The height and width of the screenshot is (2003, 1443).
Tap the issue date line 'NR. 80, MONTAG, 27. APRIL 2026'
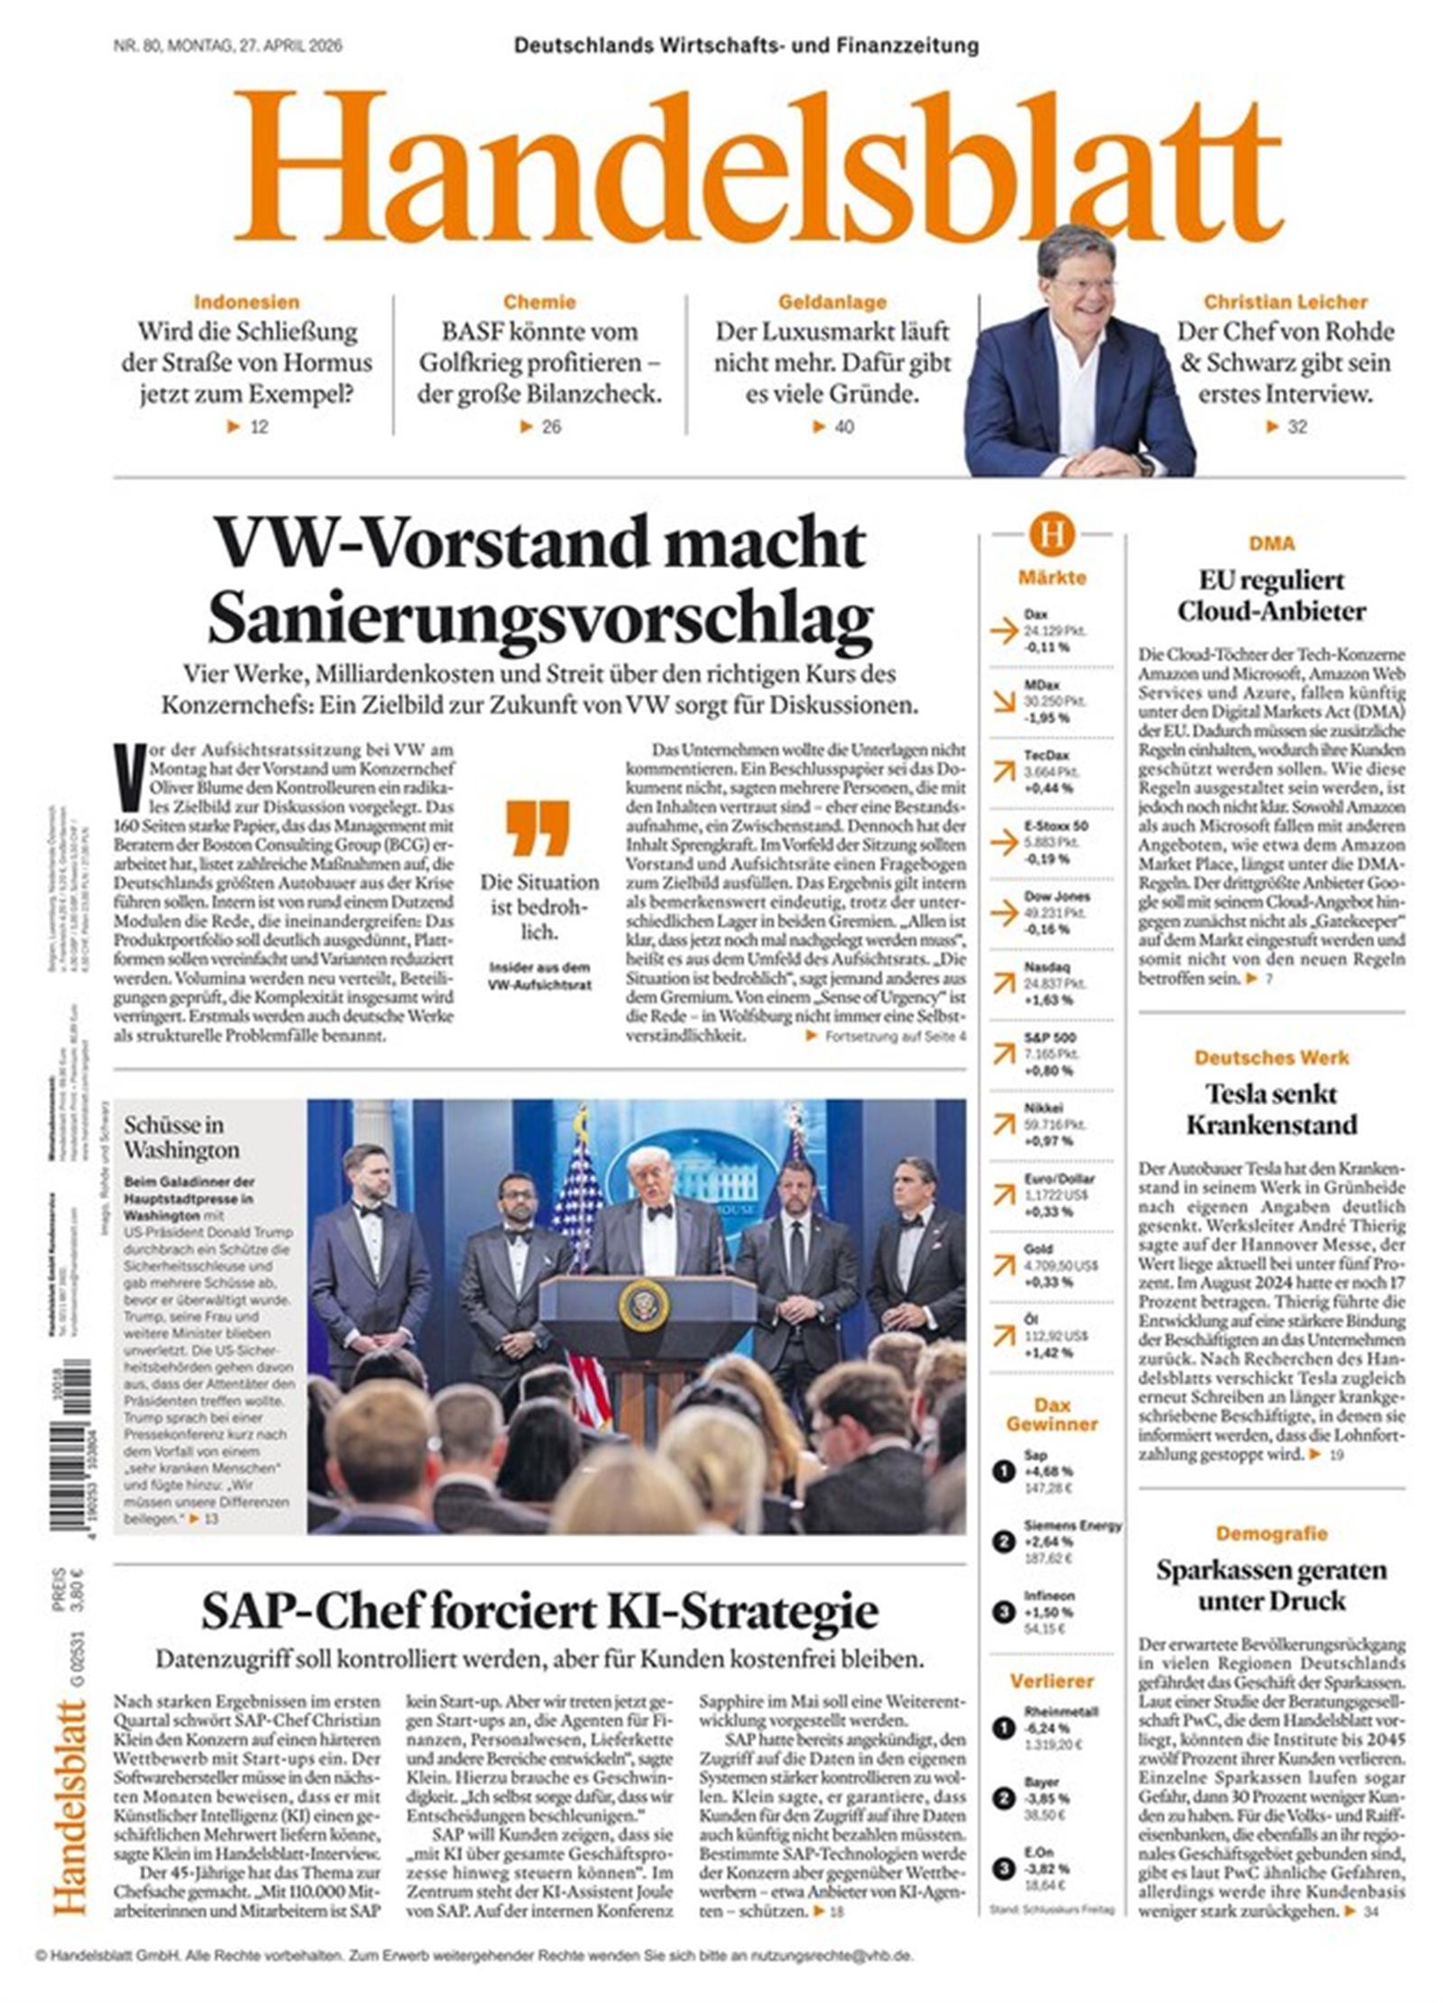click(x=227, y=46)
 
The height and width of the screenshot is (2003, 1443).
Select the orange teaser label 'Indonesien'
click(x=246, y=302)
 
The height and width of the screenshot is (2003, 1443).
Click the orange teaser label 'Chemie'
click(x=539, y=302)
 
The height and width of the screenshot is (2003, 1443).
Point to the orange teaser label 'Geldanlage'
click(x=832, y=302)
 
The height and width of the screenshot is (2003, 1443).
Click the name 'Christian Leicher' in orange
click(x=1285, y=302)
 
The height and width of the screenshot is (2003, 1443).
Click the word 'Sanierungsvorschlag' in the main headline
click(x=540, y=616)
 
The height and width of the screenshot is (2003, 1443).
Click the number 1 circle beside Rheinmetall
click(x=1003, y=1727)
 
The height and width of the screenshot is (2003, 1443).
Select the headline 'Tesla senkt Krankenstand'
click(x=1271, y=1109)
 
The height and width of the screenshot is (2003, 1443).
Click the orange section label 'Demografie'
click(x=1271, y=1532)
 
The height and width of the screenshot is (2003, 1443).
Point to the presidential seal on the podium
click(x=644, y=1305)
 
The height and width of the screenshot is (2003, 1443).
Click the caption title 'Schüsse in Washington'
click(x=181, y=1137)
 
